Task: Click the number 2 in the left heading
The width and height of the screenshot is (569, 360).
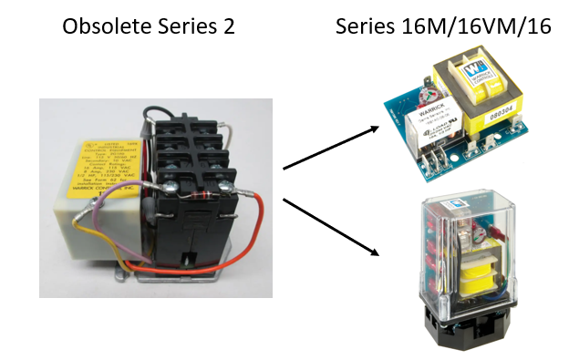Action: coord(229,27)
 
